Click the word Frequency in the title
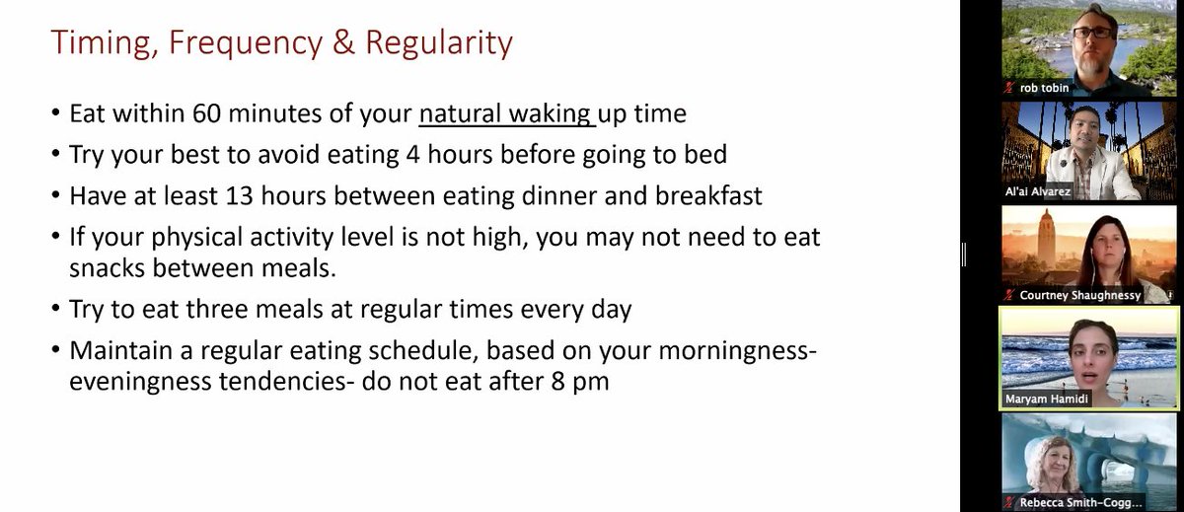246,43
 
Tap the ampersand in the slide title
343,41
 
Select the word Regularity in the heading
439,43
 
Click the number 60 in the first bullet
206,113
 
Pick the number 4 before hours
412,155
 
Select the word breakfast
708,195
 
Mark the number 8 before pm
557,382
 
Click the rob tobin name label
1044,88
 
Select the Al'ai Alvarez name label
1038,191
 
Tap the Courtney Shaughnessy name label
1080,295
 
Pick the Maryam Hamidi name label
1047,399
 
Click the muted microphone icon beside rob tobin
1010,88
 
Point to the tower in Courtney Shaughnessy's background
1047,241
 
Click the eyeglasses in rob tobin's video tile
1092,33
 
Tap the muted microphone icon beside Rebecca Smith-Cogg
1010,502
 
